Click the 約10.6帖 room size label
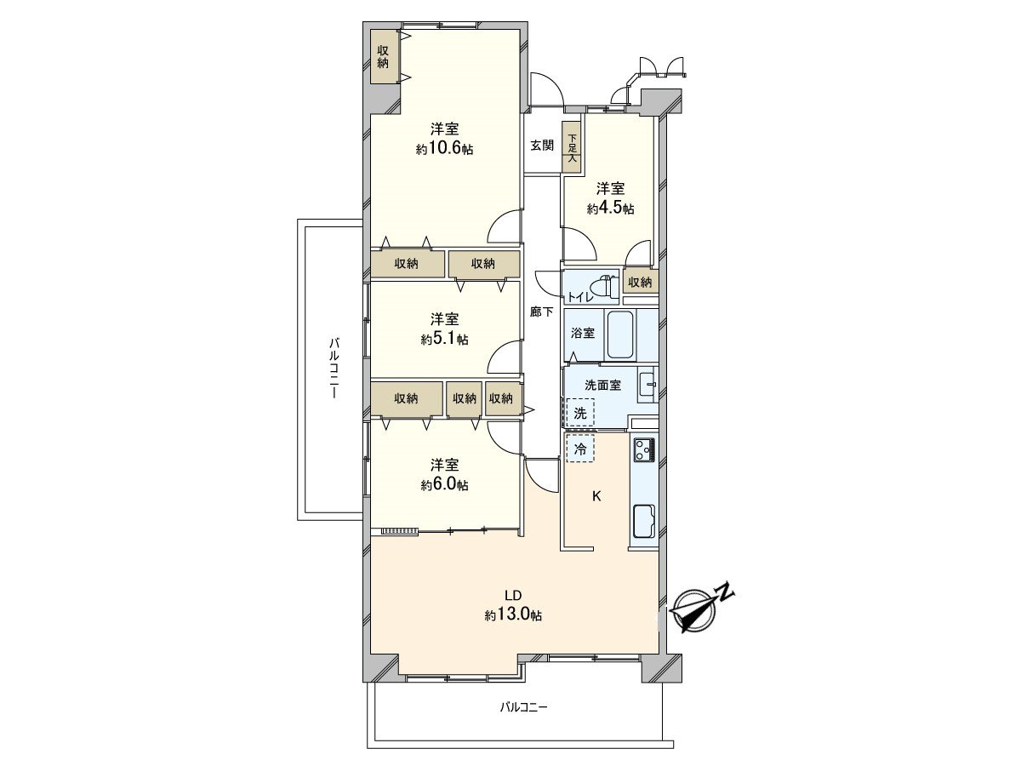tap(444, 149)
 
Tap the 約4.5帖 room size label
tap(610, 209)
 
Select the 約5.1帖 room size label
tap(444, 339)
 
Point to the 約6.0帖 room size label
tap(444, 484)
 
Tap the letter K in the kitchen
tap(596, 496)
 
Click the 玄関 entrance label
tap(542, 145)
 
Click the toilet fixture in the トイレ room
tap(606, 288)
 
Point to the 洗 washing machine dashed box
tap(580, 414)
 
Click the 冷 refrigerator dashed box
tap(580, 448)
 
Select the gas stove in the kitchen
tap(642, 449)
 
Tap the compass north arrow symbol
tap(701, 607)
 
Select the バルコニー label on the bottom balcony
tap(524, 707)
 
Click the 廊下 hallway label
tap(542, 312)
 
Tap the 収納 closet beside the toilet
tap(640, 282)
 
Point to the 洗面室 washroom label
tap(602, 385)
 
